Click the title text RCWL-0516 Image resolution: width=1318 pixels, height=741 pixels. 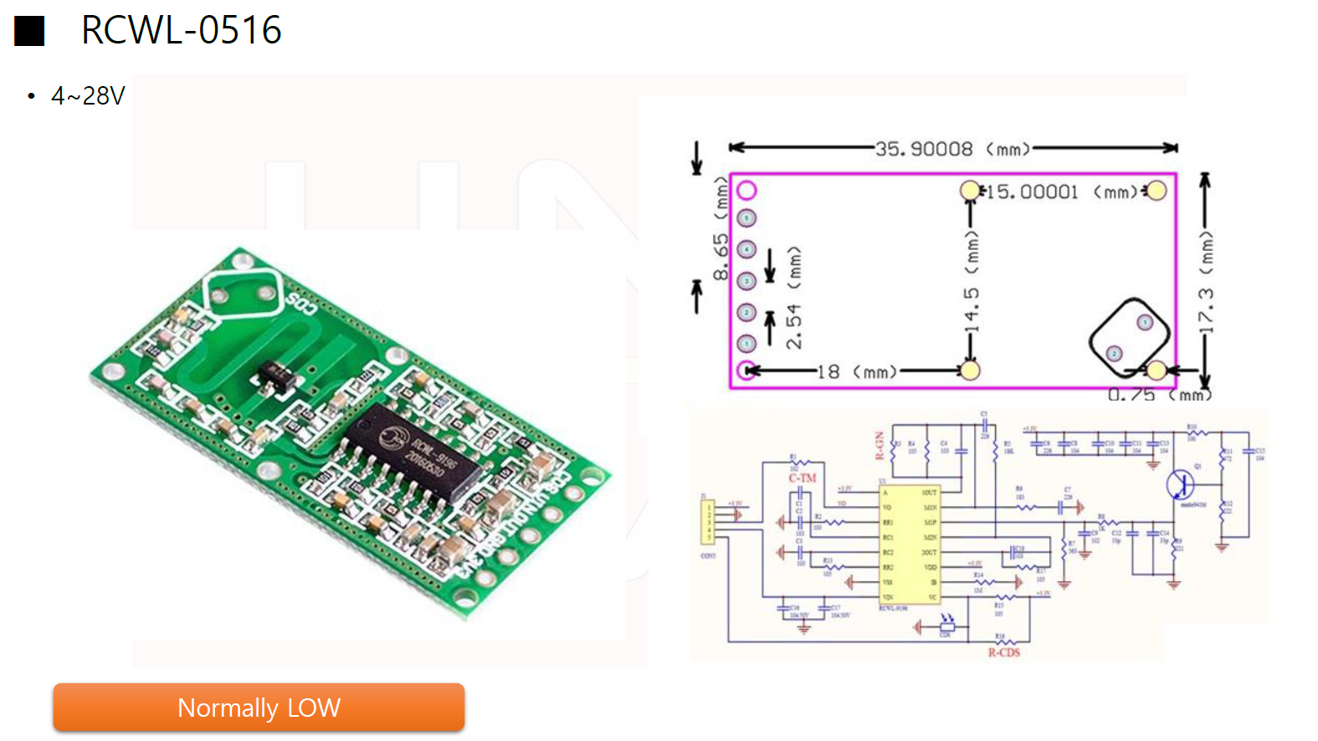tap(181, 30)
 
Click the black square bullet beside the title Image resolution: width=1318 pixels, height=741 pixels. tap(29, 31)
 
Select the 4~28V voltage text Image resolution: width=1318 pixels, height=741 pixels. tap(87, 96)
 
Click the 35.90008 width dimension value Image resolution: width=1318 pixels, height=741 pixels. tap(924, 149)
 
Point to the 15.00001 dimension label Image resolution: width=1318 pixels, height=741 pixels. tap(1033, 192)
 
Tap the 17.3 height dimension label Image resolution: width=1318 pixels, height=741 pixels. tap(1205, 309)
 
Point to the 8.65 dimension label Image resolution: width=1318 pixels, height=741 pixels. tap(721, 257)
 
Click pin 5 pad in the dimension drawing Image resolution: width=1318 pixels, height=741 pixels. tap(747, 218)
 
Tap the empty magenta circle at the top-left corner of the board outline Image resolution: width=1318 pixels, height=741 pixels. tap(746, 191)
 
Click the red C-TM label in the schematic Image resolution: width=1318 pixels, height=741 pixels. tap(802, 478)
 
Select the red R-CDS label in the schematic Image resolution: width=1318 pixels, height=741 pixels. tap(1003, 652)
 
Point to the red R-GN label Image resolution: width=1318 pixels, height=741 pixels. tap(880, 446)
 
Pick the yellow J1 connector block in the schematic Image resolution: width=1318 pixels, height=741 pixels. tap(708, 520)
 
